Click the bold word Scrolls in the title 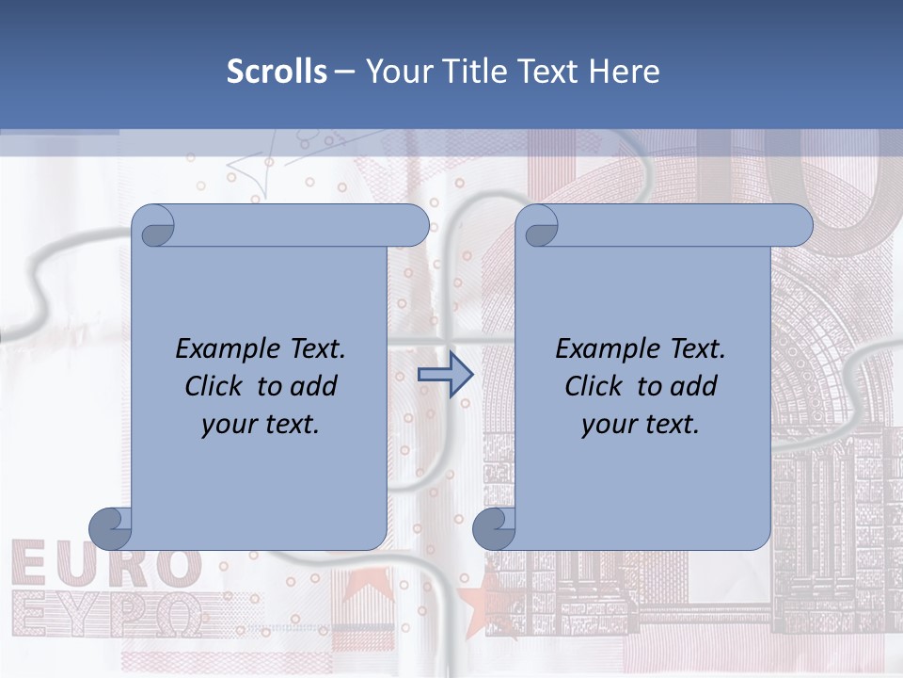click(x=277, y=72)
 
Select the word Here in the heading click(x=625, y=72)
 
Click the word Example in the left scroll click(x=219, y=349)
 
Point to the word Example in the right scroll click(x=599, y=349)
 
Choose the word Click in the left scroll click(x=214, y=386)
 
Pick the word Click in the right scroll click(x=594, y=386)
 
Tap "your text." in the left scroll click(x=261, y=424)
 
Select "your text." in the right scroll click(x=641, y=424)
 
